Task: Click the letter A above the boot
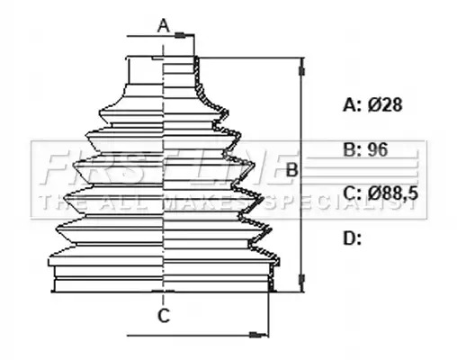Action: click(x=164, y=25)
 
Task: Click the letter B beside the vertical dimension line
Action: click(x=291, y=170)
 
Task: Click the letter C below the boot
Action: click(x=164, y=316)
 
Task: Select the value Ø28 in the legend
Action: click(x=385, y=105)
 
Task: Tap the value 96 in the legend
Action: click(x=378, y=149)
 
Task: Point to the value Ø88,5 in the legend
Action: click(x=393, y=193)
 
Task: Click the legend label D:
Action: click(x=352, y=238)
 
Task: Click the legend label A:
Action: click(x=353, y=105)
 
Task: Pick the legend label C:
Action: click(x=353, y=193)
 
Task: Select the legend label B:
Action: click(x=353, y=149)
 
